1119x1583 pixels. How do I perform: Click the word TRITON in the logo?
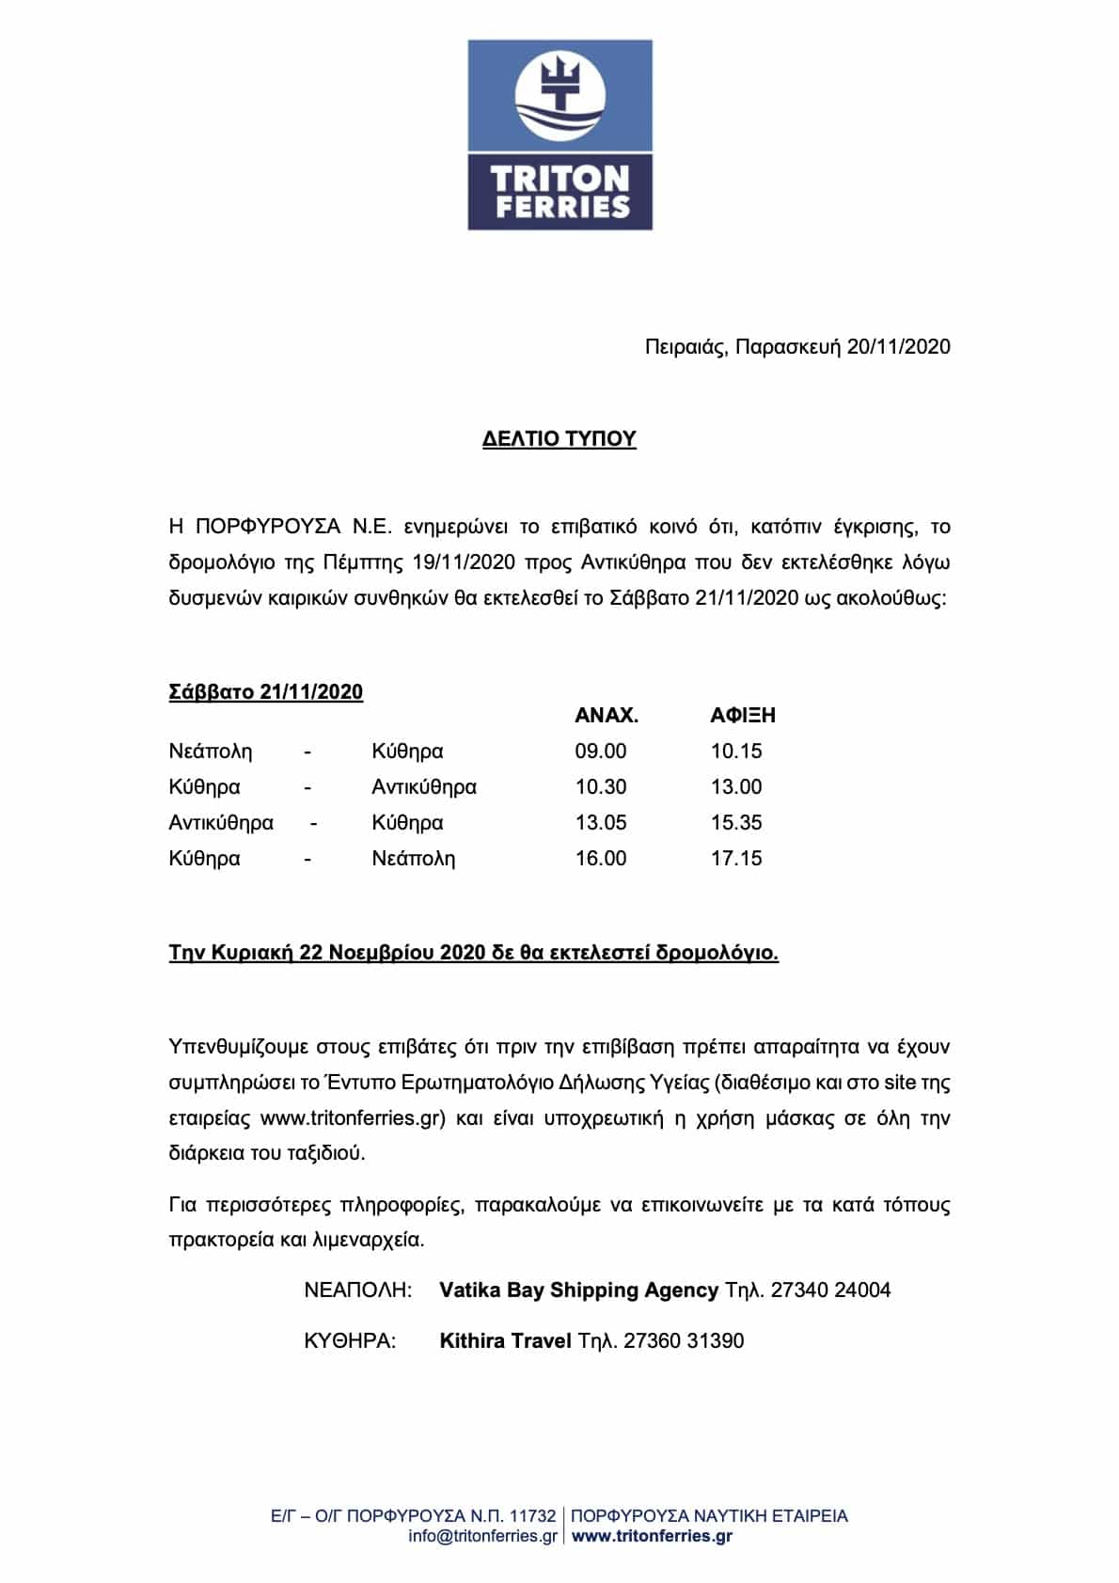pyautogui.click(x=560, y=179)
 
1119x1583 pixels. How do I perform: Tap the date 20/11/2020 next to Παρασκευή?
pyautogui.click(x=898, y=346)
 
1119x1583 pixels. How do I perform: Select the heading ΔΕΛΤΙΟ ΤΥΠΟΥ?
pyautogui.click(x=559, y=439)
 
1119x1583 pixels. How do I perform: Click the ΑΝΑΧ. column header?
pyautogui.click(x=607, y=715)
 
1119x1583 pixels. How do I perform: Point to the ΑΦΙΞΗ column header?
pyautogui.click(x=742, y=715)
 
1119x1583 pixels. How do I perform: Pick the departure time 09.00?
pyautogui.click(x=600, y=751)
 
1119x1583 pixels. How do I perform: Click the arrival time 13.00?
pyautogui.click(x=735, y=786)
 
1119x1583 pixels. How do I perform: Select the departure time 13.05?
pyautogui.click(x=600, y=822)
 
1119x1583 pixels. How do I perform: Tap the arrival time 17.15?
pyautogui.click(x=735, y=858)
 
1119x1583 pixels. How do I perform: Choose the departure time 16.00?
pyautogui.click(x=600, y=858)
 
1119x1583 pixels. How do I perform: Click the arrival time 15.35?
pyautogui.click(x=735, y=822)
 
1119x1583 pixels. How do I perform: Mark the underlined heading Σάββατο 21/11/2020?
pyautogui.click(x=265, y=691)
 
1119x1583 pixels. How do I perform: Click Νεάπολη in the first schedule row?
pyautogui.click(x=211, y=751)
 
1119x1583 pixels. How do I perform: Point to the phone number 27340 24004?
pyautogui.click(x=830, y=1290)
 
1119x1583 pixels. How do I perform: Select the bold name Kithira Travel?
pyautogui.click(x=505, y=1340)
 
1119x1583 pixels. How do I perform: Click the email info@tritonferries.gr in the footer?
pyautogui.click(x=482, y=1536)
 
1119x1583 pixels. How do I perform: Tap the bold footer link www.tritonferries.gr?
pyautogui.click(x=652, y=1536)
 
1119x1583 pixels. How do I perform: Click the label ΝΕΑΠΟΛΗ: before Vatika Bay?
pyautogui.click(x=358, y=1290)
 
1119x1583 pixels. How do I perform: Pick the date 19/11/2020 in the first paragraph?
pyautogui.click(x=464, y=562)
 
